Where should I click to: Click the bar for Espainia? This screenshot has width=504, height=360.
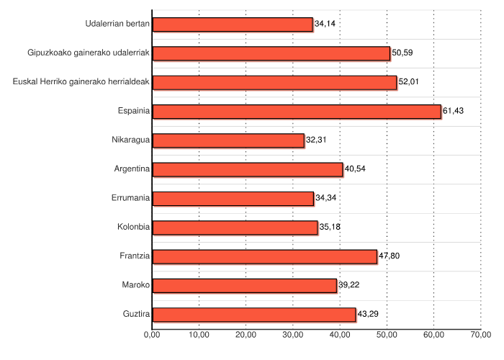click(297, 112)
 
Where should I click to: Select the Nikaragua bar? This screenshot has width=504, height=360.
click(228, 140)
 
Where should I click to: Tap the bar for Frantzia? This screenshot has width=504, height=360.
click(265, 256)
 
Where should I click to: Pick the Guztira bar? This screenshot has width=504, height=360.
click(254, 315)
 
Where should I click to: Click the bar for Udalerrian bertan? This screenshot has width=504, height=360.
click(233, 24)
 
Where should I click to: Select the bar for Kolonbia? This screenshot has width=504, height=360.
click(235, 228)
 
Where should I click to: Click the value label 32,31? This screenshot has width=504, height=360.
click(317, 139)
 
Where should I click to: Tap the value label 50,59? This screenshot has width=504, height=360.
click(402, 53)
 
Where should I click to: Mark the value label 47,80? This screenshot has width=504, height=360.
click(390, 256)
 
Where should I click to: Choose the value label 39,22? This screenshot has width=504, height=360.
click(350, 284)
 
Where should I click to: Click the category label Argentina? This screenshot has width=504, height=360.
click(132, 169)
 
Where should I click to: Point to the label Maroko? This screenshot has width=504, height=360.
click(136, 285)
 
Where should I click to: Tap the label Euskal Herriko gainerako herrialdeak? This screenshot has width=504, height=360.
click(81, 82)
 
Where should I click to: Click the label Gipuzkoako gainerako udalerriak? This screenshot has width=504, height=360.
click(89, 53)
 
